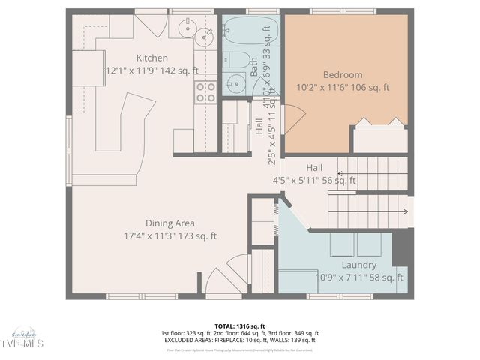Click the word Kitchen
[151, 58]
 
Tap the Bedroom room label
[343, 75]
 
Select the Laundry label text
[358, 265]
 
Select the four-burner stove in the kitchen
[205, 92]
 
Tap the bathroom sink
[235, 83]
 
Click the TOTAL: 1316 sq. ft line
[239, 326]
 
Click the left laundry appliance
[342, 244]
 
